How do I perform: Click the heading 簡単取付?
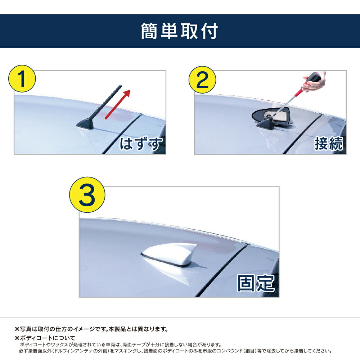(x=179, y=31)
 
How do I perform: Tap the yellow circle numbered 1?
(x=22, y=79)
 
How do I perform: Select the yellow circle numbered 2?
(x=202, y=80)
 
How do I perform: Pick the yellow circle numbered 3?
(x=87, y=195)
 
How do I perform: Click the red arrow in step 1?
(x=118, y=104)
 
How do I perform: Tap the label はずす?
(x=141, y=144)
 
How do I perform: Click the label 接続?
(x=329, y=144)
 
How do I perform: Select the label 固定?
(x=256, y=283)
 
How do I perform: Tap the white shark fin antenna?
(x=170, y=255)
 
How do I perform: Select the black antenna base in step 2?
(x=265, y=124)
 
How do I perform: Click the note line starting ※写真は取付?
(x=91, y=329)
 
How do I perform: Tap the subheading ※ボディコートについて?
(x=45, y=338)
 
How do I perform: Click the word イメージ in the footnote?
(x=84, y=329)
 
